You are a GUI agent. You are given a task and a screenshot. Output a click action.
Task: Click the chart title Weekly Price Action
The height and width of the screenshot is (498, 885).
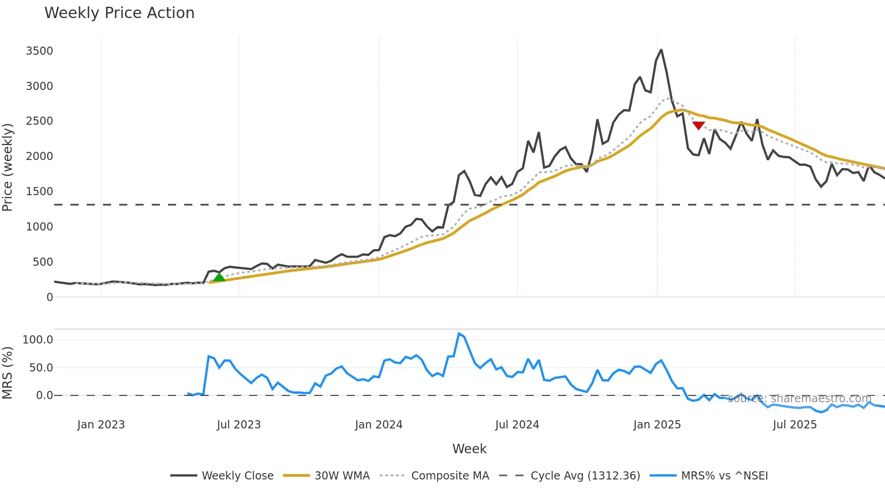[119, 13]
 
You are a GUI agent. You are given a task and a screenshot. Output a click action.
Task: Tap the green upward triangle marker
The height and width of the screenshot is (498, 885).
[219, 277]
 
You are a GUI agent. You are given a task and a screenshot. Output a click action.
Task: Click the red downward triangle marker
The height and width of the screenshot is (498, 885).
[698, 125]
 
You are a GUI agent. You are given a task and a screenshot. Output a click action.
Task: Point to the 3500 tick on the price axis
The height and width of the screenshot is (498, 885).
[39, 51]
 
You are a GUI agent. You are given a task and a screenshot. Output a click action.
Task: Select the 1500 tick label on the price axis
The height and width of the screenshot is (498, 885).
[39, 192]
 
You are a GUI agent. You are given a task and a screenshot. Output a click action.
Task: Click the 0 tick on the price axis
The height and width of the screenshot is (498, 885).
[50, 297]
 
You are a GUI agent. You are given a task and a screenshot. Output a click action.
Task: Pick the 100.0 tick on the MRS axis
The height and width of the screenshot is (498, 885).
[38, 340]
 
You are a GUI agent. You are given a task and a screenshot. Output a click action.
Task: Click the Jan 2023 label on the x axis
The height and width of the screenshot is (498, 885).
[101, 425]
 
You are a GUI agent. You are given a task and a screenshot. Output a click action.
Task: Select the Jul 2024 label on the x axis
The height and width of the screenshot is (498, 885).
[517, 425]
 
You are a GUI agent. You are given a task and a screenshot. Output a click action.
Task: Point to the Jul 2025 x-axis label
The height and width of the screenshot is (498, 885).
[795, 425]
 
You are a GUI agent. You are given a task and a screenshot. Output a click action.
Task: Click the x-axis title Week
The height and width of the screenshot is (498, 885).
[469, 449]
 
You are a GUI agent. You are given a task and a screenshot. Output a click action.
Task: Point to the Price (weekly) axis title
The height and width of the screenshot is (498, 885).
[8, 167]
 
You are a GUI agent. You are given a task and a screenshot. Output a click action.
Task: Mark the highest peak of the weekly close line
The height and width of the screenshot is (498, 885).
[661, 50]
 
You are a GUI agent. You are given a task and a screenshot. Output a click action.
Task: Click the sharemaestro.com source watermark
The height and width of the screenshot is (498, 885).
[799, 399]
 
